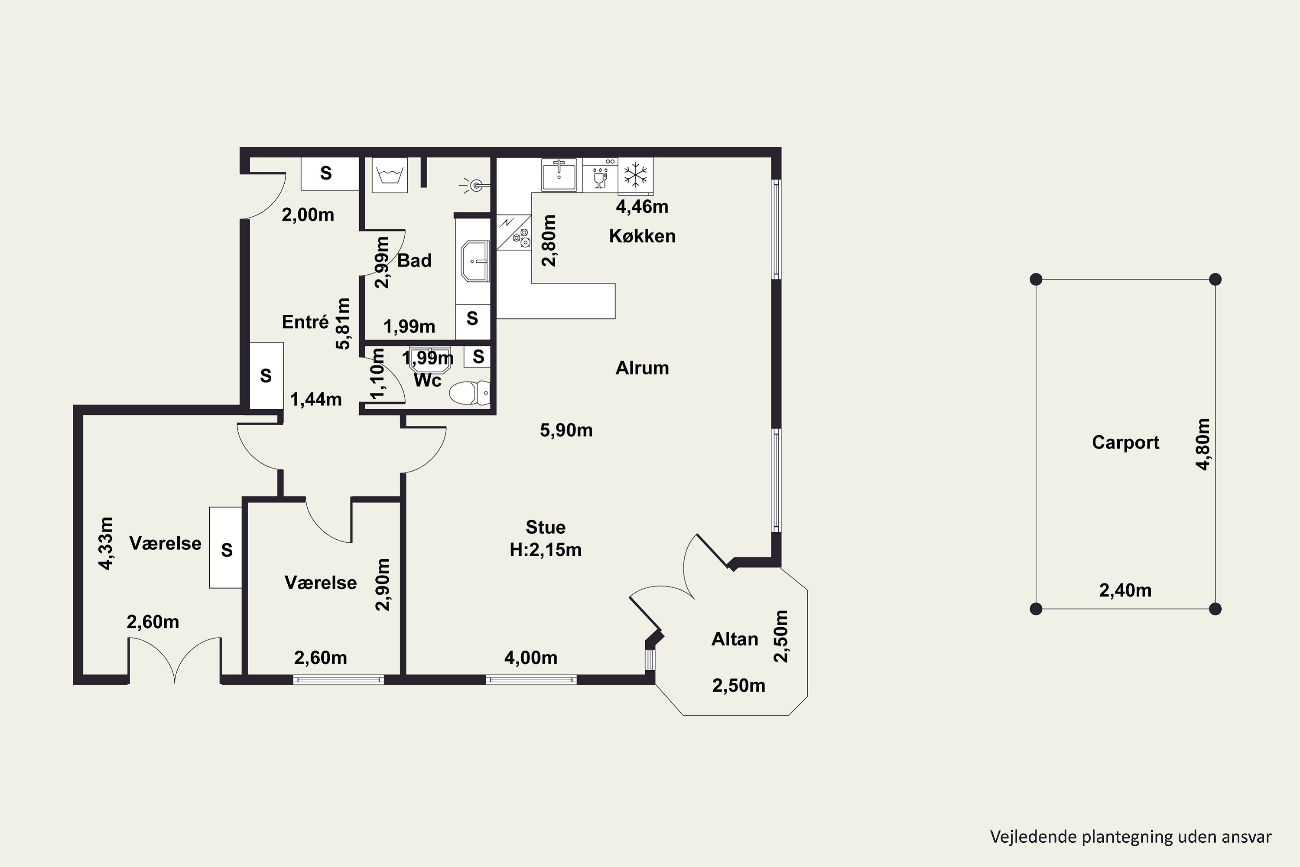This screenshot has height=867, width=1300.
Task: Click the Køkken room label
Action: coord(642,236)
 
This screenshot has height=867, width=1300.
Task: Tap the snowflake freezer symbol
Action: coord(635,175)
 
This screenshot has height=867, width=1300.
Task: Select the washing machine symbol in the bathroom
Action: coord(390,175)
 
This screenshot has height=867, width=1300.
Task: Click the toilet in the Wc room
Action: coord(469,393)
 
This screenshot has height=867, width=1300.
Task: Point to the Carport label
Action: coord(1125,442)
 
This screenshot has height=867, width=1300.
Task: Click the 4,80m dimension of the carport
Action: coord(1203,444)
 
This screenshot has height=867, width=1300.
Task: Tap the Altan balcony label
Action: coord(734,639)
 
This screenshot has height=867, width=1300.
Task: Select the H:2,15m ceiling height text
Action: coord(546,550)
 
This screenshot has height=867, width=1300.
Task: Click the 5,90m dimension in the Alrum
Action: coord(566,430)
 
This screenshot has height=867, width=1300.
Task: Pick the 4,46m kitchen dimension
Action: coord(642,207)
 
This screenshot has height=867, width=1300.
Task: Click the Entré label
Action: coord(305,322)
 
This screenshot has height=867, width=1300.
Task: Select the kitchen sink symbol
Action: coord(559,175)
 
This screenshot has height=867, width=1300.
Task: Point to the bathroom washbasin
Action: coord(475,261)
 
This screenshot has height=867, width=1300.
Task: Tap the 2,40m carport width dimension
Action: coord(1125,590)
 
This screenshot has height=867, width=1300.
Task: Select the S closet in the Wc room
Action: coord(478,357)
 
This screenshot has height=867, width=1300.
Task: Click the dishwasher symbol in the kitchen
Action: coord(600,175)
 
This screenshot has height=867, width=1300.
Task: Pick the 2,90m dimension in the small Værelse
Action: coord(383,584)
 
